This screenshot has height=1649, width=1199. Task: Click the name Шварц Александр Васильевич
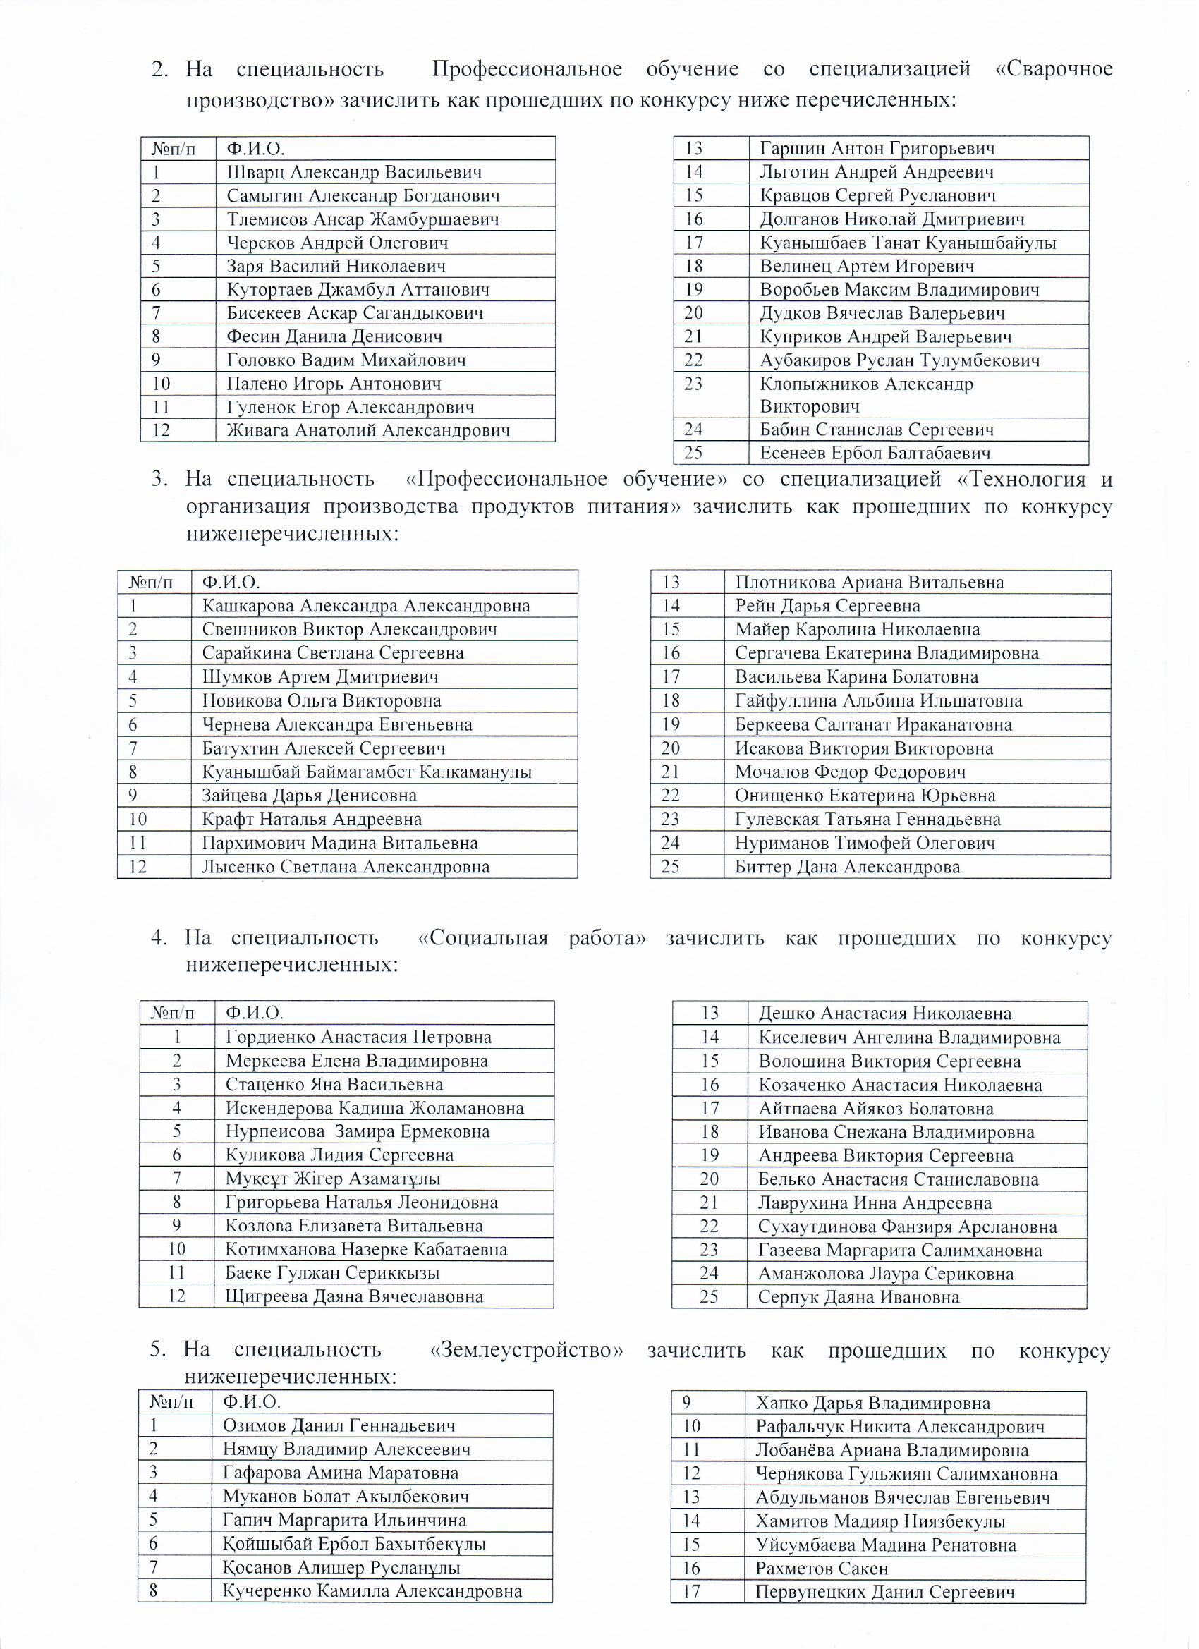354,172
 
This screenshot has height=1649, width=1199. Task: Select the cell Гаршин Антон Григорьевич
877,149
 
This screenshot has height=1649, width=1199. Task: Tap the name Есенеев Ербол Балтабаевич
875,454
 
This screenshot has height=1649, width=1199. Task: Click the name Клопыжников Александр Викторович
866,395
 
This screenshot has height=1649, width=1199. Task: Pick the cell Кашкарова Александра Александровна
366,606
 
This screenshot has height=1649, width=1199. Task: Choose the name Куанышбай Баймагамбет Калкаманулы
367,772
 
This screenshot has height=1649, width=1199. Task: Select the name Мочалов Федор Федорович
850,772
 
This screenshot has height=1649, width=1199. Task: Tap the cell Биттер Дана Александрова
847,868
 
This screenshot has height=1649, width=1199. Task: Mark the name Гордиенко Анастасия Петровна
358,1038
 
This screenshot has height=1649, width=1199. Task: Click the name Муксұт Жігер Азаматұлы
333,1179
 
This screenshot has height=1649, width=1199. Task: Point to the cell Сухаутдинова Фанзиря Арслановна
908,1227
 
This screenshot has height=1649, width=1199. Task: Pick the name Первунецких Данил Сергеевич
885,1593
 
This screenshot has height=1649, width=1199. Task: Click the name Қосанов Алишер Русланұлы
342,1569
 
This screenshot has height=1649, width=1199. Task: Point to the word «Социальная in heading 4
483,938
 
